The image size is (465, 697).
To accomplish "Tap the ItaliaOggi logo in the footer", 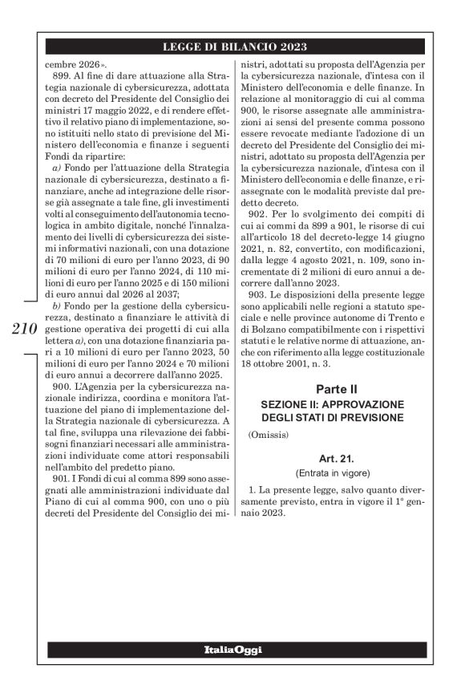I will [x=232, y=649].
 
